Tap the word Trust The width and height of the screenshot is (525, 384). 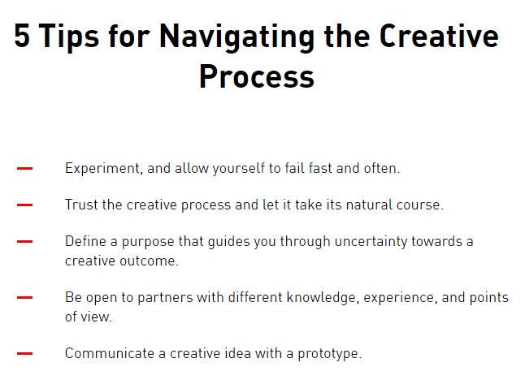coord(81,205)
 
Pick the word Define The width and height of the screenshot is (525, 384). coord(85,241)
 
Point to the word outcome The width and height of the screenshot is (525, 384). coord(148,261)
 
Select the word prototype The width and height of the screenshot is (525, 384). coord(328,354)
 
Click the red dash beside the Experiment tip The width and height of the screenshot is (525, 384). coord(24,169)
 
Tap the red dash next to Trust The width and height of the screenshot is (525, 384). coord(24,205)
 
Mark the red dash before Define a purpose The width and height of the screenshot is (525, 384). coord(24,241)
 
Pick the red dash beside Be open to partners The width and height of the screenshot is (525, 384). coord(24,298)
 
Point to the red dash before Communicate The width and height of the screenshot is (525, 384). coord(24,354)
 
